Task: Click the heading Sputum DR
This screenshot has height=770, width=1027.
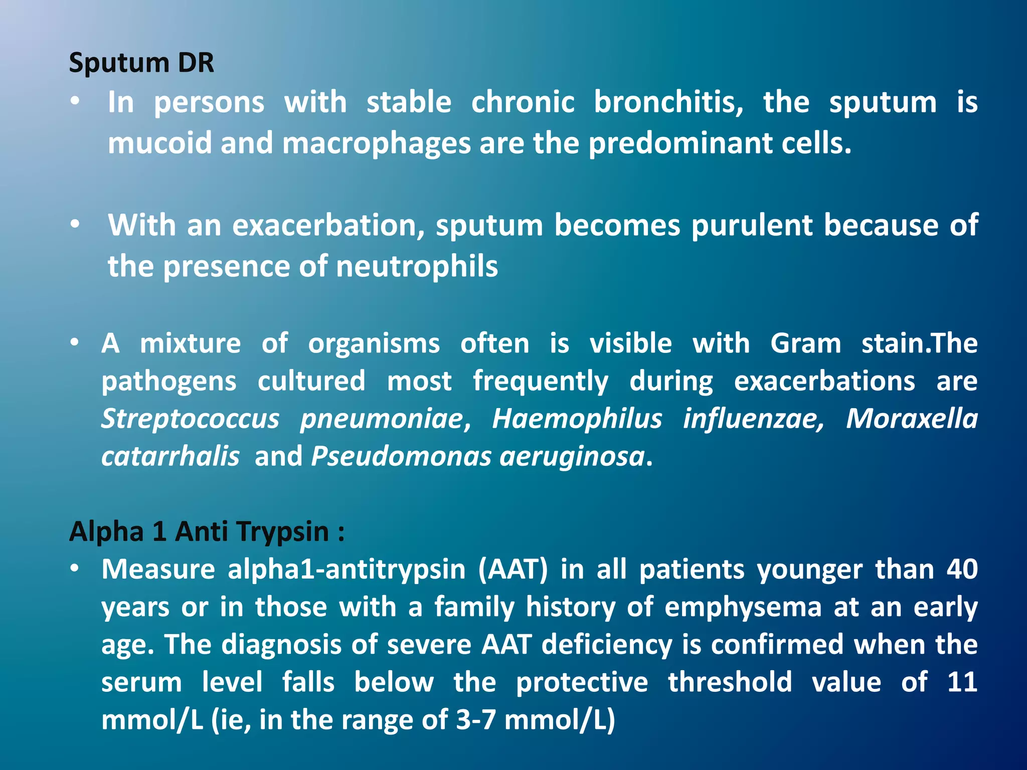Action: pos(141,64)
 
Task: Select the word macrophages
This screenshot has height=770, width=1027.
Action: pos(376,144)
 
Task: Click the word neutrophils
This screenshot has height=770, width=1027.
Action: pos(417,266)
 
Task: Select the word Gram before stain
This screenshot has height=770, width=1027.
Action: pos(805,344)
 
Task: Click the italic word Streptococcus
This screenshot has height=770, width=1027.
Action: pos(190,419)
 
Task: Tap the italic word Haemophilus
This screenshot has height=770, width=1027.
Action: pos(577,419)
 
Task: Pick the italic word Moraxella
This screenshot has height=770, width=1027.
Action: pos(912,419)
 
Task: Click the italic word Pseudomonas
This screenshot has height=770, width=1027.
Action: pos(401,457)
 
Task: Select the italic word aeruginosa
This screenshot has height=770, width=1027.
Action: pos(572,457)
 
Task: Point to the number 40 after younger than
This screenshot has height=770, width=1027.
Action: pos(962,569)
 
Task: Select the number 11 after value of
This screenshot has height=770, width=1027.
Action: pos(962,682)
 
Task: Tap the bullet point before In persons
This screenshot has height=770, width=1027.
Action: pos(75,102)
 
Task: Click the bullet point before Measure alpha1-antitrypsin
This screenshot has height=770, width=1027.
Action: pos(75,568)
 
